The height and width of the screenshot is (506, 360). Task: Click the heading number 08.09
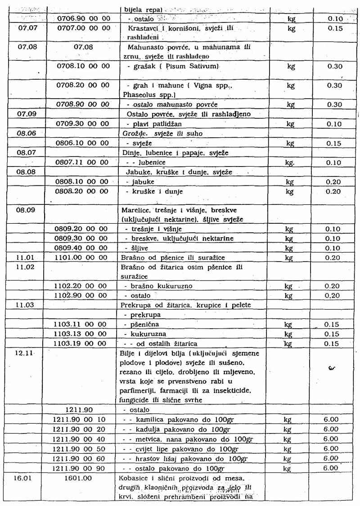26,210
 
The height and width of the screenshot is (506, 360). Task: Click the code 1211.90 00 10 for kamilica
81,420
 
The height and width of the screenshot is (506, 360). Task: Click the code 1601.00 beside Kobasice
79,477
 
